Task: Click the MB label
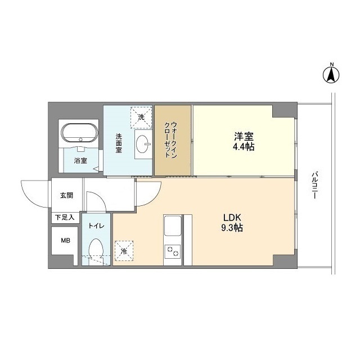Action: [66, 241]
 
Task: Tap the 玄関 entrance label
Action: [66, 196]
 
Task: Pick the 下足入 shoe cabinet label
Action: [65, 217]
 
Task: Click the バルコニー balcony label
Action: [315, 186]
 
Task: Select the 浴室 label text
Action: [80, 161]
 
